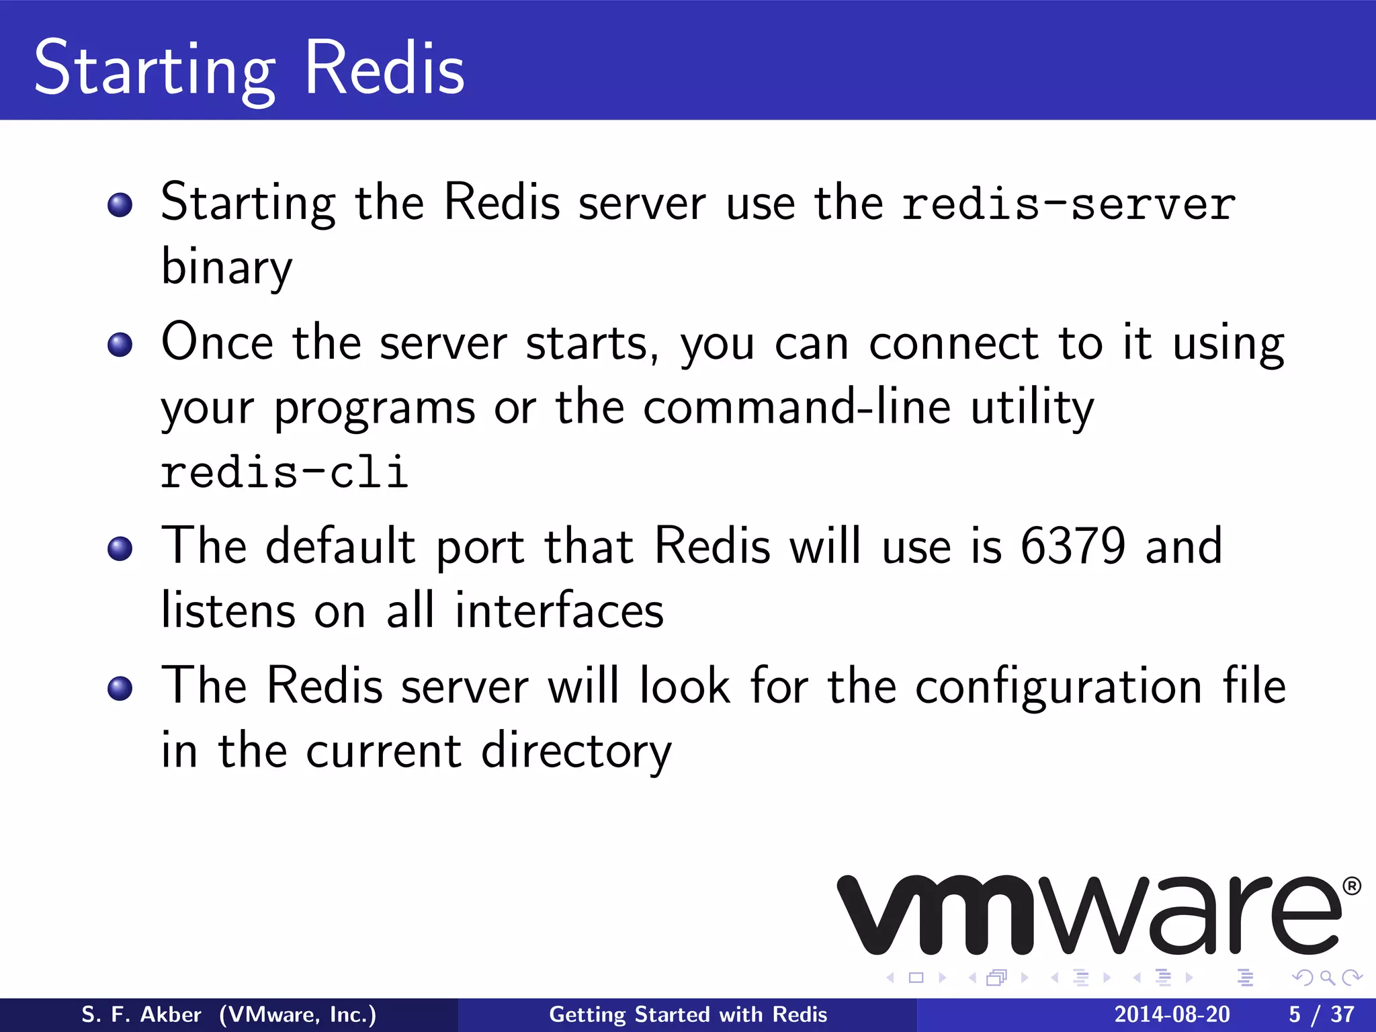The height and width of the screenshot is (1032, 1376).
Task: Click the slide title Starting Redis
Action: pyautogui.click(x=249, y=69)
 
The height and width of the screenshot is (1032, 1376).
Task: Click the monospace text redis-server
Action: pyautogui.click(x=1068, y=204)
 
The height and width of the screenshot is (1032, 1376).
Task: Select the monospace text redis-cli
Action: pyautogui.click(x=284, y=472)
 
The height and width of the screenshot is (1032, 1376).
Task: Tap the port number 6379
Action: pyautogui.click(x=1072, y=546)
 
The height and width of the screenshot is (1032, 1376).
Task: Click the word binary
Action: pyautogui.click(x=227, y=267)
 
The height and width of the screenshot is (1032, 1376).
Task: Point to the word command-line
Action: pyautogui.click(x=797, y=407)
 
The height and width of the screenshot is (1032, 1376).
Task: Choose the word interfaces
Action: pyautogui.click(x=559, y=611)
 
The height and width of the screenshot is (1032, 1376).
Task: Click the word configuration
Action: pyautogui.click(x=1058, y=686)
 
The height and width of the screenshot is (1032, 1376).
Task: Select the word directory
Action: pyautogui.click(x=576, y=751)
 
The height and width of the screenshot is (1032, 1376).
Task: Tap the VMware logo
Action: pyautogui.click(x=1088, y=915)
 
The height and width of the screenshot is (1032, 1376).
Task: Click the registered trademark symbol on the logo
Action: pyautogui.click(x=1352, y=887)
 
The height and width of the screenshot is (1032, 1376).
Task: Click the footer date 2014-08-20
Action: pyautogui.click(x=1172, y=1015)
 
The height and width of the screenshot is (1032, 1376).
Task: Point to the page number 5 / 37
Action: pyautogui.click(x=1321, y=1015)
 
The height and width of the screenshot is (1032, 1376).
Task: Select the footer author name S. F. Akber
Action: pyautogui.click(x=141, y=1015)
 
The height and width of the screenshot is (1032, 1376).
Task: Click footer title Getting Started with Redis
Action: pyautogui.click(x=688, y=1015)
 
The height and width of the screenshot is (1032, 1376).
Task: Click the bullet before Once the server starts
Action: pyautogui.click(x=120, y=345)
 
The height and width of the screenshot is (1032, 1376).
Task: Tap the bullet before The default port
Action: pyautogui.click(x=120, y=548)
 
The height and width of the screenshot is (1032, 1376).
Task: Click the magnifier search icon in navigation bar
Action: pyautogui.click(x=1327, y=978)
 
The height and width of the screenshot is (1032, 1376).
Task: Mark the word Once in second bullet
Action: pyautogui.click(x=217, y=343)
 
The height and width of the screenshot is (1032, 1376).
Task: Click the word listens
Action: pyautogui.click(x=228, y=611)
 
